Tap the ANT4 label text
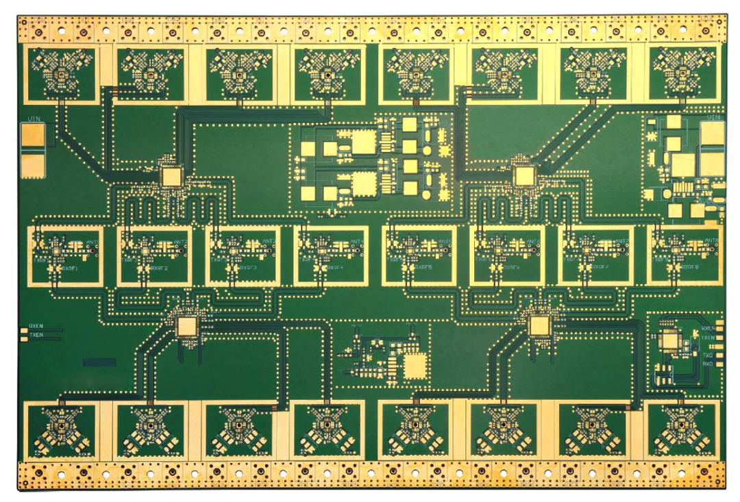[x=357, y=242]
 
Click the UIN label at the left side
[x=33, y=120]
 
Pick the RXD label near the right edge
[x=708, y=364]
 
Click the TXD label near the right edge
[x=708, y=356]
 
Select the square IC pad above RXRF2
[x=170, y=176]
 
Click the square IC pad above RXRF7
[x=526, y=176]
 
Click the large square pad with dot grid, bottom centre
[x=414, y=366]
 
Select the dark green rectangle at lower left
[x=99, y=361]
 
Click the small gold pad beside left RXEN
[x=24, y=327]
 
